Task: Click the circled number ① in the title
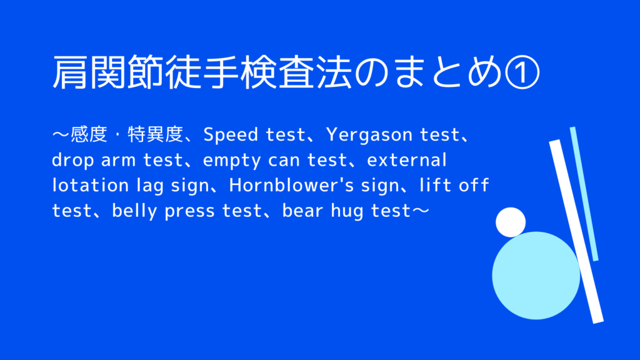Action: pos(522,72)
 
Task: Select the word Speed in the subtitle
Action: pos(231,135)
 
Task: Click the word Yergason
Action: pos(369,135)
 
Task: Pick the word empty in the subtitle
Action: pos(232,161)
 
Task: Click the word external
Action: pos(407,159)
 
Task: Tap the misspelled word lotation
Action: pos(91,185)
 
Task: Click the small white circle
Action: pos(511,222)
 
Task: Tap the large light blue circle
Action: pos(536,276)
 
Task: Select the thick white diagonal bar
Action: pos(576,231)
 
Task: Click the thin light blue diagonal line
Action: pos(584,194)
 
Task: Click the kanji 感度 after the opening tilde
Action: pos(89,135)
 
